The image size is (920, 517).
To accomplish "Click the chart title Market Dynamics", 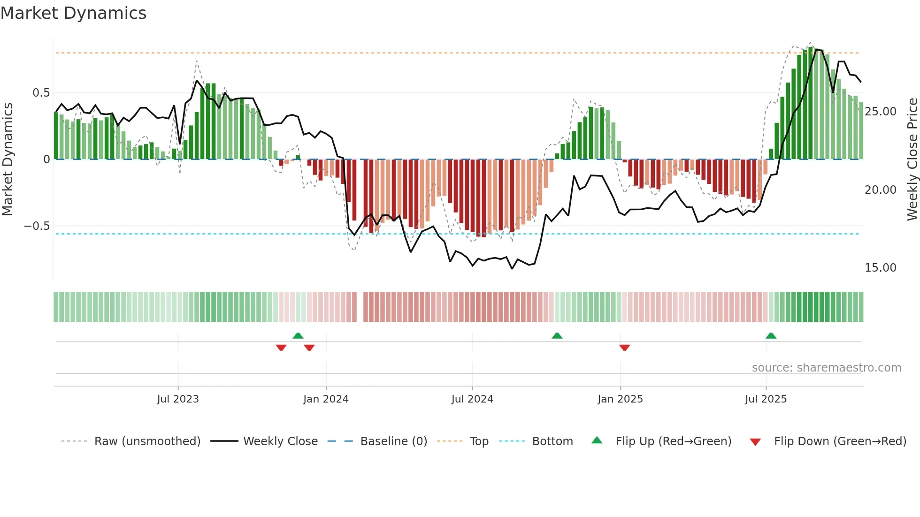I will click(74, 13).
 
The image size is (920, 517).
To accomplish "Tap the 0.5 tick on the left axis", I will click(41, 93).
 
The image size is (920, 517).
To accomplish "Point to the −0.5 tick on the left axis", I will click(37, 226).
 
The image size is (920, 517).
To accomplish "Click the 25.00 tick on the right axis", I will click(880, 112).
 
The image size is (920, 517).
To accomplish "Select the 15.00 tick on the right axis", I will click(880, 268).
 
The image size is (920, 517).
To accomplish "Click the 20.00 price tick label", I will click(880, 190).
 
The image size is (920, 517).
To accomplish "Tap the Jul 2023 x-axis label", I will click(178, 399).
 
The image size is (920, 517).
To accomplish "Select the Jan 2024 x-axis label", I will click(326, 399).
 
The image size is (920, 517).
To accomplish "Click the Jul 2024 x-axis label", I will click(472, 399).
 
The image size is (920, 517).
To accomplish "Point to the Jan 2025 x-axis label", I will click(620, 399).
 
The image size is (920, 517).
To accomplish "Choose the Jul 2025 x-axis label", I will click(766, 399).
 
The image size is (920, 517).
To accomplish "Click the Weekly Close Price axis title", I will click(912, 160).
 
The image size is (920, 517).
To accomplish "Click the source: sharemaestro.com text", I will click(826, 368).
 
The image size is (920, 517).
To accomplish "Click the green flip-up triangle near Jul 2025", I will click(771, 335).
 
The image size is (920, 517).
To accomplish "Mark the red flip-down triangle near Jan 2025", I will click(624, 348).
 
